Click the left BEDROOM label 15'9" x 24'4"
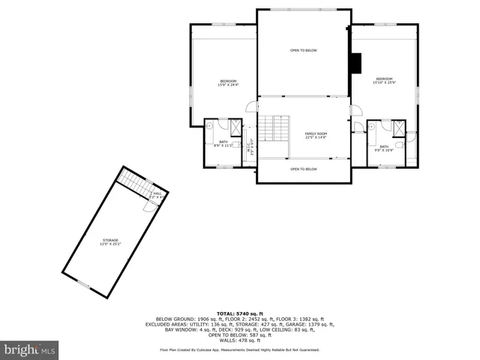pos(228,82)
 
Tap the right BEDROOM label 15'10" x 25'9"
pos(384,80)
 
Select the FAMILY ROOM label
pos(316,136)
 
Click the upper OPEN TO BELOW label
pos(304,50)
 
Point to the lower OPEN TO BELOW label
pos(304,169)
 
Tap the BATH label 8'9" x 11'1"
pos(223,143)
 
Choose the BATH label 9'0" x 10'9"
pos(384,148)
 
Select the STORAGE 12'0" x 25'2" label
pos(110,241)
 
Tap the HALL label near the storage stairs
pos(156,195)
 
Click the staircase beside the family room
pos(274,128)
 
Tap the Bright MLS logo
pos(29,349)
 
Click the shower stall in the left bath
pos(235,126)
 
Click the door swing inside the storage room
pos(151,206)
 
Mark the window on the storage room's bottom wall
pos(83,284)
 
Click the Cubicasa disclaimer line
pos(240,349)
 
